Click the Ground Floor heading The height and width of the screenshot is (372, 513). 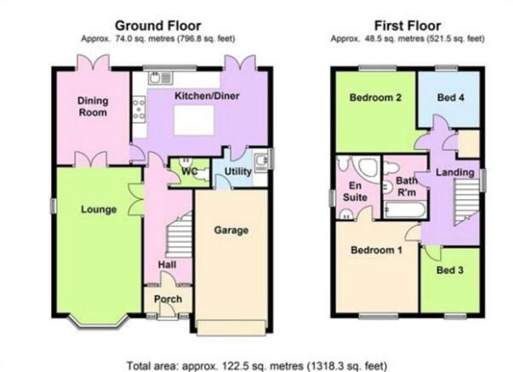[x=158, y=26]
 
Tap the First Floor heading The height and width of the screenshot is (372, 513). [x=408, y=26]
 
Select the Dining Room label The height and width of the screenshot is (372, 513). [x=93, y=106]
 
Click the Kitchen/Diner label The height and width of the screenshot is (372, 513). [x=207, y=96]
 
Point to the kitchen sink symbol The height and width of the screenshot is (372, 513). [x=160, y=78]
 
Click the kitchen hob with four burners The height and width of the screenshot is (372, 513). [x=139, y=109]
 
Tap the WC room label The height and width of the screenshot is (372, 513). [x=189, y=171]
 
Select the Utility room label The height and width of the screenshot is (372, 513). [x=238, y=171]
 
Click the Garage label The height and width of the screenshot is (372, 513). [x=231, y=230]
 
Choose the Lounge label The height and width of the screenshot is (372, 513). [x=99, y=209]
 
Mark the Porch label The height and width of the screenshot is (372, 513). [x=168, y=299]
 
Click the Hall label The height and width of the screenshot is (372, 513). [x=168, y=265]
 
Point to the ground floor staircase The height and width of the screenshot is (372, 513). [x=179, y=235]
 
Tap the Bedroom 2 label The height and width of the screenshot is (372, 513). [x=375, y=97]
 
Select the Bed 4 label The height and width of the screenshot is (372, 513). [x=451, y=97]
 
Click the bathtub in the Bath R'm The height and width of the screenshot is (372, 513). [x=405, y=209]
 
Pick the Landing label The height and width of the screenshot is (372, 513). [x=455, y=172]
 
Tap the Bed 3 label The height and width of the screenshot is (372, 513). [x=450, y=270]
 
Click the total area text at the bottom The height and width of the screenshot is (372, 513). [x=257, y=365]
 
